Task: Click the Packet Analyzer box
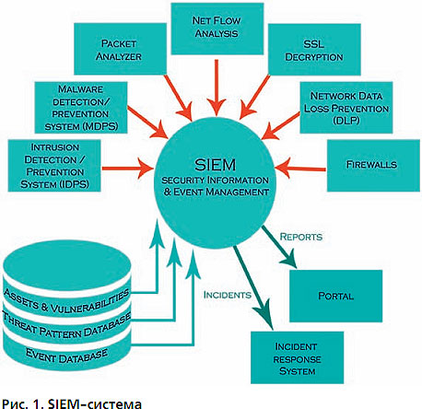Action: (x=120, y=49)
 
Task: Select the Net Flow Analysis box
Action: (x=217, y=29)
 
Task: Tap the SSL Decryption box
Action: (x=314, y=50)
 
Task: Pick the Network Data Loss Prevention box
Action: (x=346, y=108)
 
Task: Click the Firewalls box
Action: (x=373, y=166)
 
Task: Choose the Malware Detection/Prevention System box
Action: (x=81, y=108)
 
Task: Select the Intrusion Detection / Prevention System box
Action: (x=54, y=166)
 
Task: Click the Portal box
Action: (x=335, y=296)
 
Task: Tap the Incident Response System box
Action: (x=297, y=357)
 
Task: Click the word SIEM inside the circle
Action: (x=215, y=165)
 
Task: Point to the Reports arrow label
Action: (x=301, y=237)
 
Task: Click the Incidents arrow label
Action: (x=228, y=295)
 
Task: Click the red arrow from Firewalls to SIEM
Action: (x=300, y=169)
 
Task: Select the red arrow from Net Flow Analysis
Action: (x=217, y=88)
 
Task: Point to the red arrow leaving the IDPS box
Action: (x=127, y=169)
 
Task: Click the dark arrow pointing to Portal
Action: (x=279, y=247)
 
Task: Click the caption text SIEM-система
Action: (x=95, y=403)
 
